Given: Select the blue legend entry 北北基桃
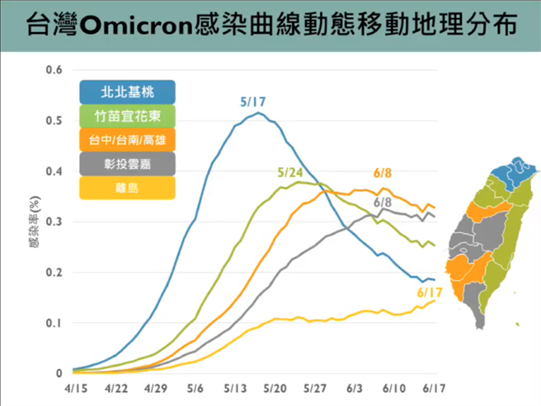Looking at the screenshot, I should (x=127, y=91).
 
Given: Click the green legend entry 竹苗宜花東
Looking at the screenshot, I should (x=127, y=115).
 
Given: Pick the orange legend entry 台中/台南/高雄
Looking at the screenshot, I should (x=127, y=140).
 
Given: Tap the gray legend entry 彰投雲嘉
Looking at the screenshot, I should (x=127, y=165).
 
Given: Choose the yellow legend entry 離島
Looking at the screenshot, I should (x=127, y=189).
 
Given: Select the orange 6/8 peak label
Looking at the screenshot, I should (x=382, y=174).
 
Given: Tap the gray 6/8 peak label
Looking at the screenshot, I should (x=382, y=201).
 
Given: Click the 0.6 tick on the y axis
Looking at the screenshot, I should (x=54, y=70).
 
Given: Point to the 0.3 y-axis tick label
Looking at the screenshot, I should (x=54, y=222).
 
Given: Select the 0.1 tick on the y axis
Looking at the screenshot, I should (x=54, y=323).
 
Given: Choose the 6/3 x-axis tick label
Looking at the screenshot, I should (x=355, y=385).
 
